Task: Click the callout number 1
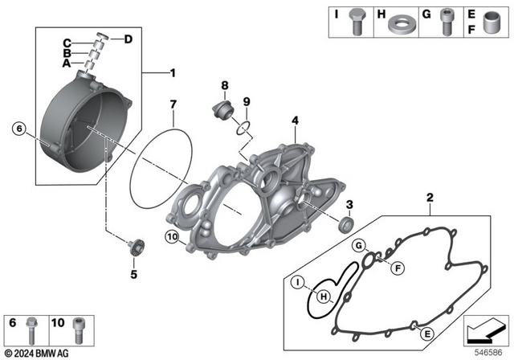point(172,75)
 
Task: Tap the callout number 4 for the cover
point(295,121)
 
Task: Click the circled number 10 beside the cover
point(171,235)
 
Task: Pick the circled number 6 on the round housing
point(19,127)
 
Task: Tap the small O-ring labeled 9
point(245,125)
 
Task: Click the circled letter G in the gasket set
point(359,244)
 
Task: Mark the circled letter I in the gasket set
point(296,282)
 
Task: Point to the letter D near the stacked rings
point(128,38)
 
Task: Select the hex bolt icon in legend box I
point(354,24)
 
